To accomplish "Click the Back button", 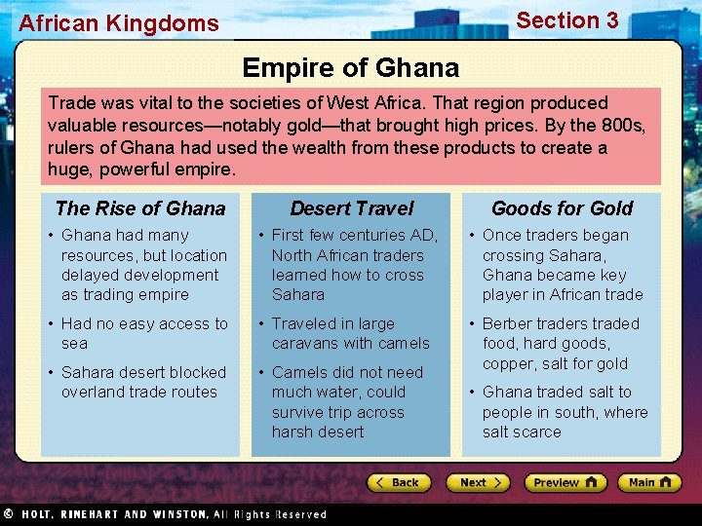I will pyautogui.click(x=399, y=482).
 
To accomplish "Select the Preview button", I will pyautogui.click(x=565, y=482).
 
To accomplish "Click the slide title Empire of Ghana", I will pyautogui.click(x=350, y=67).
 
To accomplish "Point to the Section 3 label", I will pyautogui.click(x=566, y=20).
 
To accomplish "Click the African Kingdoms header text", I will pyautogui.click(x=119, y=22).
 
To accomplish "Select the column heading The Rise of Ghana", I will pyautogui.click(x=140, y=207).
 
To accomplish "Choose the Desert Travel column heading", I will pyautogui.click(x=351, y=207).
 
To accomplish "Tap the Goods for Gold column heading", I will pyautogui.click(x=562, y=207).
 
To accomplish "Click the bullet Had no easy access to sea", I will pyautogui.click(x=144, y=333).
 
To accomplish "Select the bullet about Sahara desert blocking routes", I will pyautogui.click(x=143, y=382).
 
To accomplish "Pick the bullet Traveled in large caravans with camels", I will pyautogui.click(x=350, y=333).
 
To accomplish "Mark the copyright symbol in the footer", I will pyautogui.click(x=8, y=513).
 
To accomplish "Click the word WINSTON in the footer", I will pyautogui.click(x=177, y=514).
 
